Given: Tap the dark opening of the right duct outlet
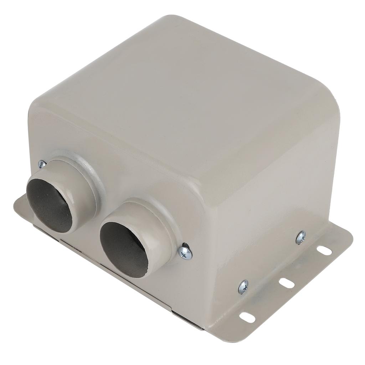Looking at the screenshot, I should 123,246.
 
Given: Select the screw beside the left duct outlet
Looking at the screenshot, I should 42,164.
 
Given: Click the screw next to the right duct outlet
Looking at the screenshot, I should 185,252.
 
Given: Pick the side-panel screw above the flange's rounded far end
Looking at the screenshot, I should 301,237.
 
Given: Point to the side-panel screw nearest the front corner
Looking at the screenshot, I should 243,286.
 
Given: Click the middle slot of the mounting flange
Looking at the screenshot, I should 287,283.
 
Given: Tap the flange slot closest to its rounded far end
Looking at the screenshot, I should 324,251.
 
